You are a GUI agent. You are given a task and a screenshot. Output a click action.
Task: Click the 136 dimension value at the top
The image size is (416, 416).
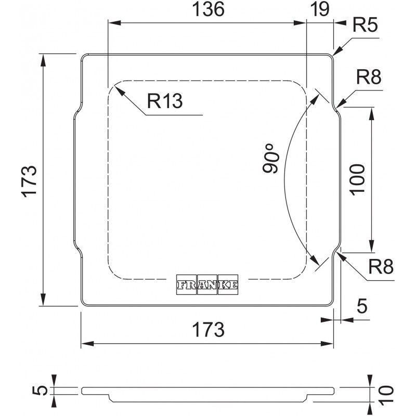point(208,9)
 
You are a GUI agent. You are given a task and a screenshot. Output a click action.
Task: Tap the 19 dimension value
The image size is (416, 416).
point(320,9)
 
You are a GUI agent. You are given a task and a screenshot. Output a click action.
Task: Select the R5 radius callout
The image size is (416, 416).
point(365,25)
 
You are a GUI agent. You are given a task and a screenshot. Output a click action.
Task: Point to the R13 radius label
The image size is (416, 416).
point(165,101)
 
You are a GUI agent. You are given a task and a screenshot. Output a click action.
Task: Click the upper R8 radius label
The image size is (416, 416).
point(369,77)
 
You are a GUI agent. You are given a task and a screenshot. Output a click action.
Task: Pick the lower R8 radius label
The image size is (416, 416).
point(381,267)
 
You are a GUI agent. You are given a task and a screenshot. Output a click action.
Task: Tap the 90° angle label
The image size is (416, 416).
point(271,159)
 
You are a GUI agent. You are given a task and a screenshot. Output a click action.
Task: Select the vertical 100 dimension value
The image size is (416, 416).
point(357,180)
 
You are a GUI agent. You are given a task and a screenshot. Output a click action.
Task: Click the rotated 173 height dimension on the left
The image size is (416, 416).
point(29,181)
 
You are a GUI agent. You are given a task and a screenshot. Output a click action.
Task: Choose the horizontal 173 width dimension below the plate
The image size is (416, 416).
point(208,329)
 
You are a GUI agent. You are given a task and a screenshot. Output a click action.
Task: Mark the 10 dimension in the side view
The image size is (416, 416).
point(386,396)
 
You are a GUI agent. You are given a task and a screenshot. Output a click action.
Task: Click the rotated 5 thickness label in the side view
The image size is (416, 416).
point(40,391)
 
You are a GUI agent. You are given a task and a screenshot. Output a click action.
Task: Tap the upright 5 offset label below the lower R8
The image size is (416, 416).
point(362,306)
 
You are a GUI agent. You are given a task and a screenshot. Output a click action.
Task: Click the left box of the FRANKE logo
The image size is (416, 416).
point(187,284)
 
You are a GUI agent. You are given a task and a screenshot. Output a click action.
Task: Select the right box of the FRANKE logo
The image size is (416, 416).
point(228,284)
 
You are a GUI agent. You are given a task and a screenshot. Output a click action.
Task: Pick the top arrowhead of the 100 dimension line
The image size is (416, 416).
point(371,113)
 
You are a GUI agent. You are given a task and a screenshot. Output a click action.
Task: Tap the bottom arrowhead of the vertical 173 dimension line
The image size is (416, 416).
point(43,300)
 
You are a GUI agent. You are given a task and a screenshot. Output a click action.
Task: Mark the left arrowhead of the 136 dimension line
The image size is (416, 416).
point(114,23)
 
